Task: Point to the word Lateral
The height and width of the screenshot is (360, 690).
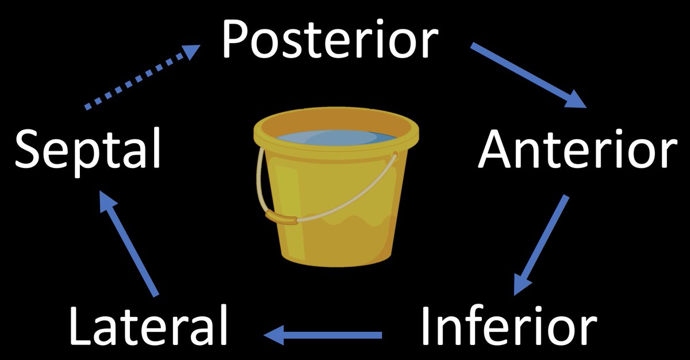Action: pos(148,324)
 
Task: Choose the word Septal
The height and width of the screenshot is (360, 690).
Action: pos(87,148)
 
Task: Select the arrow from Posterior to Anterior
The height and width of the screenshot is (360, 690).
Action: pos(528,75)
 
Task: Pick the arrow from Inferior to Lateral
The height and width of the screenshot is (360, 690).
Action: pos(325,334)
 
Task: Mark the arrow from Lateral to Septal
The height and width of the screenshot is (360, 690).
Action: pos(129,244)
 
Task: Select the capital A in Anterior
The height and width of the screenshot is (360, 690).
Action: pos(496,148)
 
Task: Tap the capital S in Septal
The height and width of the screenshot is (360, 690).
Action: pos(29,148)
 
